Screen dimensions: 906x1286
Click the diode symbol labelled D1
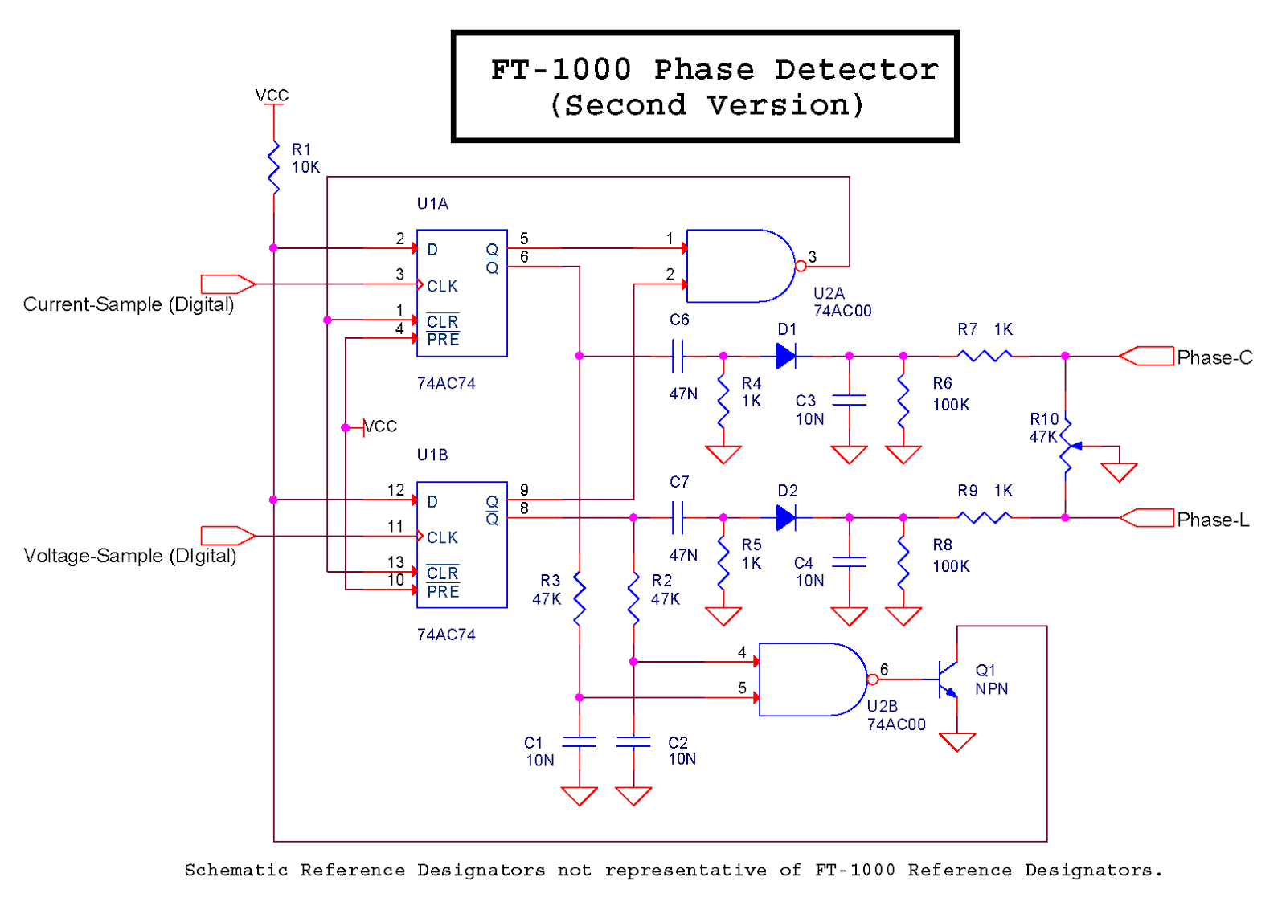(786, 356)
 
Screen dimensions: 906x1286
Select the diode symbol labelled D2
(786, 518)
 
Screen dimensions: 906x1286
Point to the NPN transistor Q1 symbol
(948, 679)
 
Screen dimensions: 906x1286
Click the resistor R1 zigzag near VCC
(274, 167)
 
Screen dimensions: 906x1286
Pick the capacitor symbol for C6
(678, 356)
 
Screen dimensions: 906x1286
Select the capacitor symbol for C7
(678, 518)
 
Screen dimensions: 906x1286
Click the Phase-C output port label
(1214, 357)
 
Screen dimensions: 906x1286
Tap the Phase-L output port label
(1213, 520)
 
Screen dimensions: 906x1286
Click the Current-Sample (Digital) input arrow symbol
(227, 284)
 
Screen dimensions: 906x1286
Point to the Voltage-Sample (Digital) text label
(130, 556)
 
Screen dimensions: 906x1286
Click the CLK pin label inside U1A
(442, 286)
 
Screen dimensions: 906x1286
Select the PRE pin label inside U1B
(443, 592)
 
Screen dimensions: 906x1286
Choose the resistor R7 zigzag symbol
(985, 356)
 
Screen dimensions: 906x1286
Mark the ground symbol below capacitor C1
(579, 796)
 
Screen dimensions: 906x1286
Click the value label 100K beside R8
(951, 566)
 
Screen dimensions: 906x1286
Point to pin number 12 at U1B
(395, 490)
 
